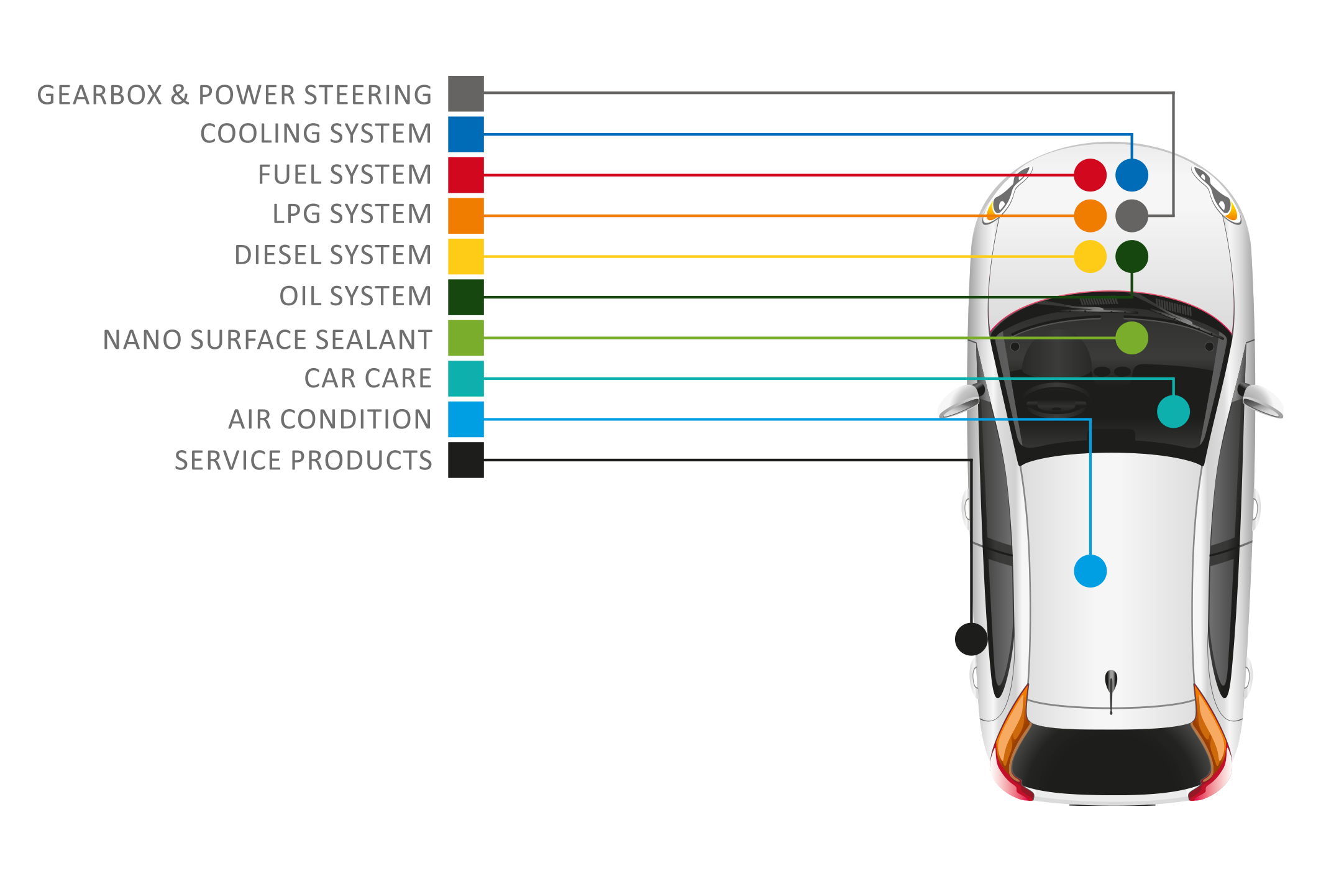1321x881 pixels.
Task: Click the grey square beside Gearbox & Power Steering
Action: [466, 94]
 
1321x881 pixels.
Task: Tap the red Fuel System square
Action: [466, 175]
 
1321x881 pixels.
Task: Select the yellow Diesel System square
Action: [466, 257]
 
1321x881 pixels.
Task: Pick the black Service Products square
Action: [466, 460]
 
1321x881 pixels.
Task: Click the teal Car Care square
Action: [466, 379]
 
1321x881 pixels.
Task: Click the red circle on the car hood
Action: [1090, 175]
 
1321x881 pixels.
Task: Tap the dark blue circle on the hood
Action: [1132, 175]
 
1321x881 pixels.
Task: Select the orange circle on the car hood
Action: [1090, 216]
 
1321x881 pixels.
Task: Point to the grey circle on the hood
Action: [1132, 216]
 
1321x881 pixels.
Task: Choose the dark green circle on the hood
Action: [1132, 257]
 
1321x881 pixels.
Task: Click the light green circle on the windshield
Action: [1132, 338]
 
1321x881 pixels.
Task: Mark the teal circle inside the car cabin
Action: [1174, 412]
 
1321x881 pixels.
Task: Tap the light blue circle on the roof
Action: [1090, 571]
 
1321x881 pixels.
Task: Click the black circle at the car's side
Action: [971, 639]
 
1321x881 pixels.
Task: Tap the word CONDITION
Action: [356, 420]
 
